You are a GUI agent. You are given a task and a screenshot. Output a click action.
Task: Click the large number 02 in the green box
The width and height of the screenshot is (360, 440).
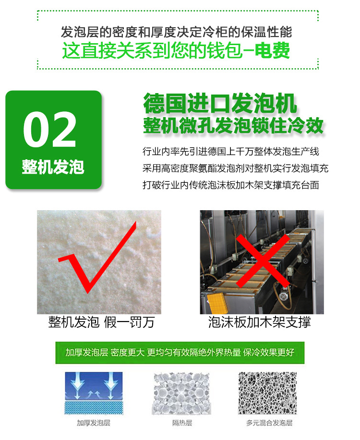point(50,130)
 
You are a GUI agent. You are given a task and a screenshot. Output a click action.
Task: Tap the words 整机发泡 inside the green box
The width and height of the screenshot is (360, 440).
point(53,167)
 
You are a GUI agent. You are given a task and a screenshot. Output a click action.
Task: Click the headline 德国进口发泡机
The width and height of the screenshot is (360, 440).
point(220,103)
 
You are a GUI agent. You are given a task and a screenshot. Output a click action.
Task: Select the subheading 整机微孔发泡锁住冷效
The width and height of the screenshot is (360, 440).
point(233,125)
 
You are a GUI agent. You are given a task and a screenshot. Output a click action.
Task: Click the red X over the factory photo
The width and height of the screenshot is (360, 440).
point(263,261)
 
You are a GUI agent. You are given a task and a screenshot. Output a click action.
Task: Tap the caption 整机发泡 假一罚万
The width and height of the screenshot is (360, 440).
point(101,322)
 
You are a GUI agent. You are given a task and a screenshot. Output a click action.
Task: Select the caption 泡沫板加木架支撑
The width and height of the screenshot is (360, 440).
point(260,322)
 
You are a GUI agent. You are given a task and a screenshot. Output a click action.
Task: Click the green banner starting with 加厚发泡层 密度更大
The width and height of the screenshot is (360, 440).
point(180,353)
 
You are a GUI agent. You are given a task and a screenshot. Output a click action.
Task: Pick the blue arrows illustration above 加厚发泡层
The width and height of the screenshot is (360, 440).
point(94,393)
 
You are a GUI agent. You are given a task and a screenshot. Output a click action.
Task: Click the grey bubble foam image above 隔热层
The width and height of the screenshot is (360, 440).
point(181,393)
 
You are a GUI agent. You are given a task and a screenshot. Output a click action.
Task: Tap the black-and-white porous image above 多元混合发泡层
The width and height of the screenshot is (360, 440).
point(268,393)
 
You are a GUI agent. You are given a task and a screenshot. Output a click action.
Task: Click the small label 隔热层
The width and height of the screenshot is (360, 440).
point(182,423)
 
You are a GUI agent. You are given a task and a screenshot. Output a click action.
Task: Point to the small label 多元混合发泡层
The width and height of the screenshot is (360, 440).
point(269,423)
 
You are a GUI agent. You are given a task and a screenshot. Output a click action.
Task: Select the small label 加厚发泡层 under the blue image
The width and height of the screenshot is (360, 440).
point(94,423)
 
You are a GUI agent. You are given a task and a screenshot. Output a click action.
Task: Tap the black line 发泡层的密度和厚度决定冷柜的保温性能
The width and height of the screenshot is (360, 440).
point(177,32)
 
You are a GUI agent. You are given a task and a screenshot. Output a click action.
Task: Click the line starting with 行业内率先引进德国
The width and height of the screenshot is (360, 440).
point(231,152)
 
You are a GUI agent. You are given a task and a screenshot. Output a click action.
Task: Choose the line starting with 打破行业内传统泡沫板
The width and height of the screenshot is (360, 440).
point(231,185)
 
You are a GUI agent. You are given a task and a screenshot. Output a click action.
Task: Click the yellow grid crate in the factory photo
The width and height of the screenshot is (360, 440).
point(217,303)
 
